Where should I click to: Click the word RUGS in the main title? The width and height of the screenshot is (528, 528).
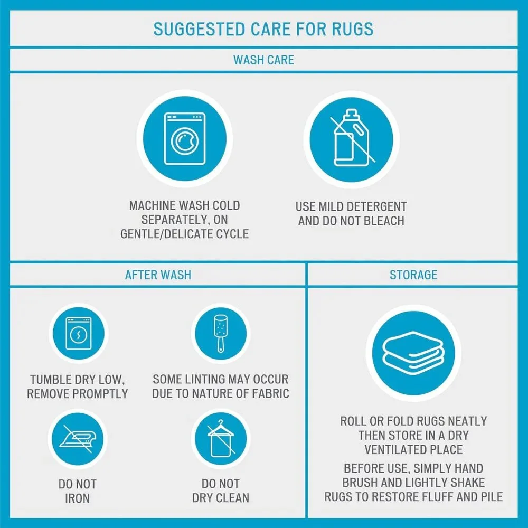[x=353, y=29]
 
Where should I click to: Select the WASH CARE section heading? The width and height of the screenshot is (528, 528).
[x=263, y=60]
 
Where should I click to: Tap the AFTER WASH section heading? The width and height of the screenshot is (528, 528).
[x=158, y=275]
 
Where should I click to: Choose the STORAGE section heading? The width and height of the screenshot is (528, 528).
[x=413, y=275]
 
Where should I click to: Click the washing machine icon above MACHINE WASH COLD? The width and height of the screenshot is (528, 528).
[x=184, y=139]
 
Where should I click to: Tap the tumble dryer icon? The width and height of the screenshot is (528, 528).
[x=79, y=333]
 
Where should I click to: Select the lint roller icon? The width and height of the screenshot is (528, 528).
[x=221, y=333]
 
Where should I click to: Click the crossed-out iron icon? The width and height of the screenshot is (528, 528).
[x=78, y=438]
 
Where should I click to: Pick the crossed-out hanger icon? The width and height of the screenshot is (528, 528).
[x=221, y=438]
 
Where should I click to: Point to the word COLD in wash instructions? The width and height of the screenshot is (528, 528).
[x=227, y=205]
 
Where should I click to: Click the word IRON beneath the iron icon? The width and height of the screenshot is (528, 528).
[x=78, y=498]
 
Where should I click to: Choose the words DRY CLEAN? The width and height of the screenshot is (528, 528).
[x=221, y=498]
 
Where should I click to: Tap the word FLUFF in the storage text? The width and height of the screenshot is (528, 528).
[x=452, y=497]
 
